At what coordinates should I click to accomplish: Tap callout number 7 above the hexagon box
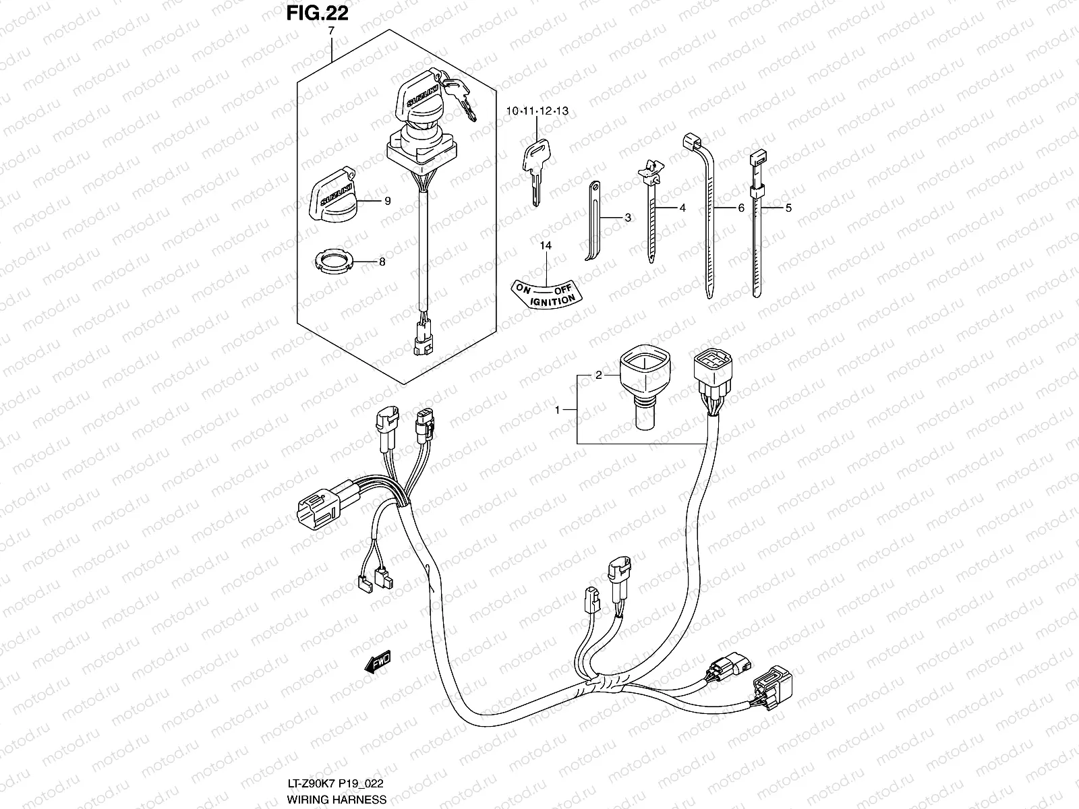tap(332, 32)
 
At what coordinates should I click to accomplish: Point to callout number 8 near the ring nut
tap(382, 262)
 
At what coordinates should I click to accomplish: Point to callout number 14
tap(545, 246)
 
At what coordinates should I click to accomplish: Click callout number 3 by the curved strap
tap(627, 218)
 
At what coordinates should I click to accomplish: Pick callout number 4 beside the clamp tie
tap(682, 208)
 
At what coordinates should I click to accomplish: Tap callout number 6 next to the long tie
tap(741, 208)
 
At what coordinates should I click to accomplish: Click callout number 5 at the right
tap(788, 208)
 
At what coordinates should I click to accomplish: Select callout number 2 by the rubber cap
tap(597, 375)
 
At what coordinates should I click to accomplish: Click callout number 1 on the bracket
tap(557, 409)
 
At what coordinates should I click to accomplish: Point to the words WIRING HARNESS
tap(337, 800)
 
